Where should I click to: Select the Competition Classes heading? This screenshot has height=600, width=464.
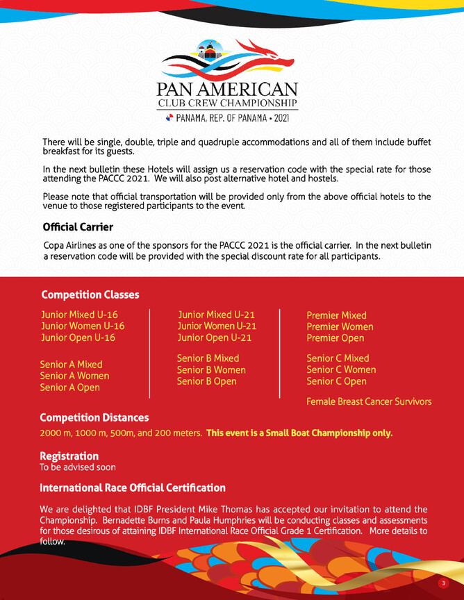pyautogui.click(x=90, y=294)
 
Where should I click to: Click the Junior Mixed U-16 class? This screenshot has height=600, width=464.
pyautogui.click(x=79, y=315)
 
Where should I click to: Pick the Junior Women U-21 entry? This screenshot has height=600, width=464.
pyautogui.click(x=217, y=326)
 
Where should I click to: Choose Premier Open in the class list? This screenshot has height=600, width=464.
pyautogui.click(x=335, y=338)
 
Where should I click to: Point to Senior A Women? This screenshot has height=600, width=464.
pyautogui.click(x=74, y=376)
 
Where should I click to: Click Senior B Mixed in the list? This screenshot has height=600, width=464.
pyautogui.click(x=208, y=358)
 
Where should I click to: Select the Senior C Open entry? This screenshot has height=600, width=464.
pyautogui.click(x=336, y=381)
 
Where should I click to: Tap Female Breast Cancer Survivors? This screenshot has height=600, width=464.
pyautogui.click(x=369, y=401)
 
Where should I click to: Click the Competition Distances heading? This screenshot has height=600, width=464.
pyautogui.click(x=94, y=417)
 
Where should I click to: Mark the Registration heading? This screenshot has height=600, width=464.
pyautogui.click(x=69, y=456)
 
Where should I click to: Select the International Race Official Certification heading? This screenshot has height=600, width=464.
pyautogui.click(x=133, y=488)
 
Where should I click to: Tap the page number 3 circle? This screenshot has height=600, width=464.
pyautogui.click(x=443, y=583)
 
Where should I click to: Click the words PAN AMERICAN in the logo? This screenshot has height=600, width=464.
pyautogui.click(x=227, y=90)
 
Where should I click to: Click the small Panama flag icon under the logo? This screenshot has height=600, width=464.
pyautogui.click(x=169, y=118)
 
